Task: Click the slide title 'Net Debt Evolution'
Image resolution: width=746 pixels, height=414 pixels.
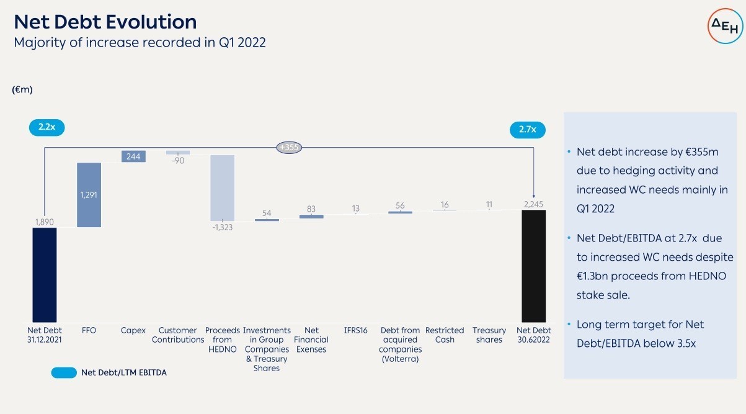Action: tap(105, 22)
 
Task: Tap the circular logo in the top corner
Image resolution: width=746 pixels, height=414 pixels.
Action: tap(725, 26)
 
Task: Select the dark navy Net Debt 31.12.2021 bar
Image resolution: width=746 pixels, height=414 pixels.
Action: tap(45, 275)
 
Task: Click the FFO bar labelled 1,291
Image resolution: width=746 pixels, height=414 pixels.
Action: tap(89, 195)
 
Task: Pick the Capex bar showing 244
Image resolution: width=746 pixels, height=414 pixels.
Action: tap(133, 156)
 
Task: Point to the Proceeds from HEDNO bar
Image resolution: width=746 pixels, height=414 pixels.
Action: tap(223, 187)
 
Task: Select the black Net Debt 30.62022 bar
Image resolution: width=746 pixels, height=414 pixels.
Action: tap(534, 266)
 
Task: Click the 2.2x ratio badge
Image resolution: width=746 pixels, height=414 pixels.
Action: tap(47, 127)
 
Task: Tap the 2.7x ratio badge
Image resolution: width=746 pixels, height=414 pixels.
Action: tap(528, 130)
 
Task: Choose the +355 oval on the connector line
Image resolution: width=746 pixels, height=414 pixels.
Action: tap(289, 147)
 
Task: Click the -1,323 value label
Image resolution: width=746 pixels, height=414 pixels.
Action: tap(223, 227)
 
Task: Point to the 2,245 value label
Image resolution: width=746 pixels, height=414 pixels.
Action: tap(533, 204)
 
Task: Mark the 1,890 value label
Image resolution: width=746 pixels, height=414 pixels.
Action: tap(45, 222)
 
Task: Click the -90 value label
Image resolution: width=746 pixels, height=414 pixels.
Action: tap(178, 161)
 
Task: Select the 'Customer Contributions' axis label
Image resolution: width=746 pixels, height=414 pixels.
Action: tap(178, 335)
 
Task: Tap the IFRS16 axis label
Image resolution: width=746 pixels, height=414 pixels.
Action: tap(356, 330)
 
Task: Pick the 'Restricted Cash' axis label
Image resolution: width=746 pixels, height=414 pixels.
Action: tap(445, 335)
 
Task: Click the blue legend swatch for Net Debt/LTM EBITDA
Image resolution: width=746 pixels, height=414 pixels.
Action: tap(64, 372)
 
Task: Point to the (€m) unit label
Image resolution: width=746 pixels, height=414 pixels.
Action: tap(22, 89)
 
